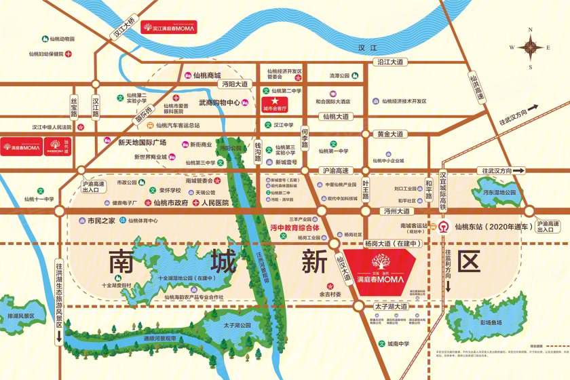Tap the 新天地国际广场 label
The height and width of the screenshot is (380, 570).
pos(142,142)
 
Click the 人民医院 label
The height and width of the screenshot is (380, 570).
pos(215,202)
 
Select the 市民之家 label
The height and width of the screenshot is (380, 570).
pos(97,221)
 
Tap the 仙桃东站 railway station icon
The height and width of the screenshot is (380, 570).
pos(442,226)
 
